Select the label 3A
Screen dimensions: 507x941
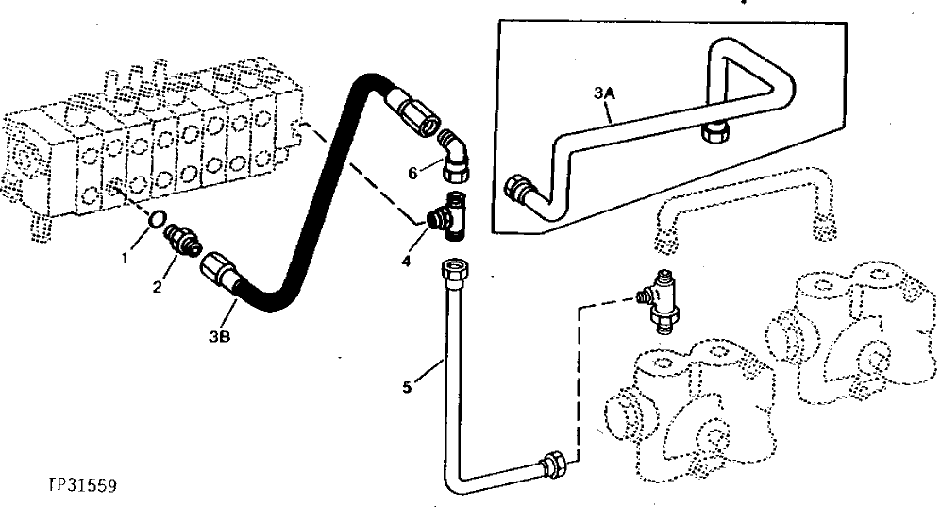point(604,93)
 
